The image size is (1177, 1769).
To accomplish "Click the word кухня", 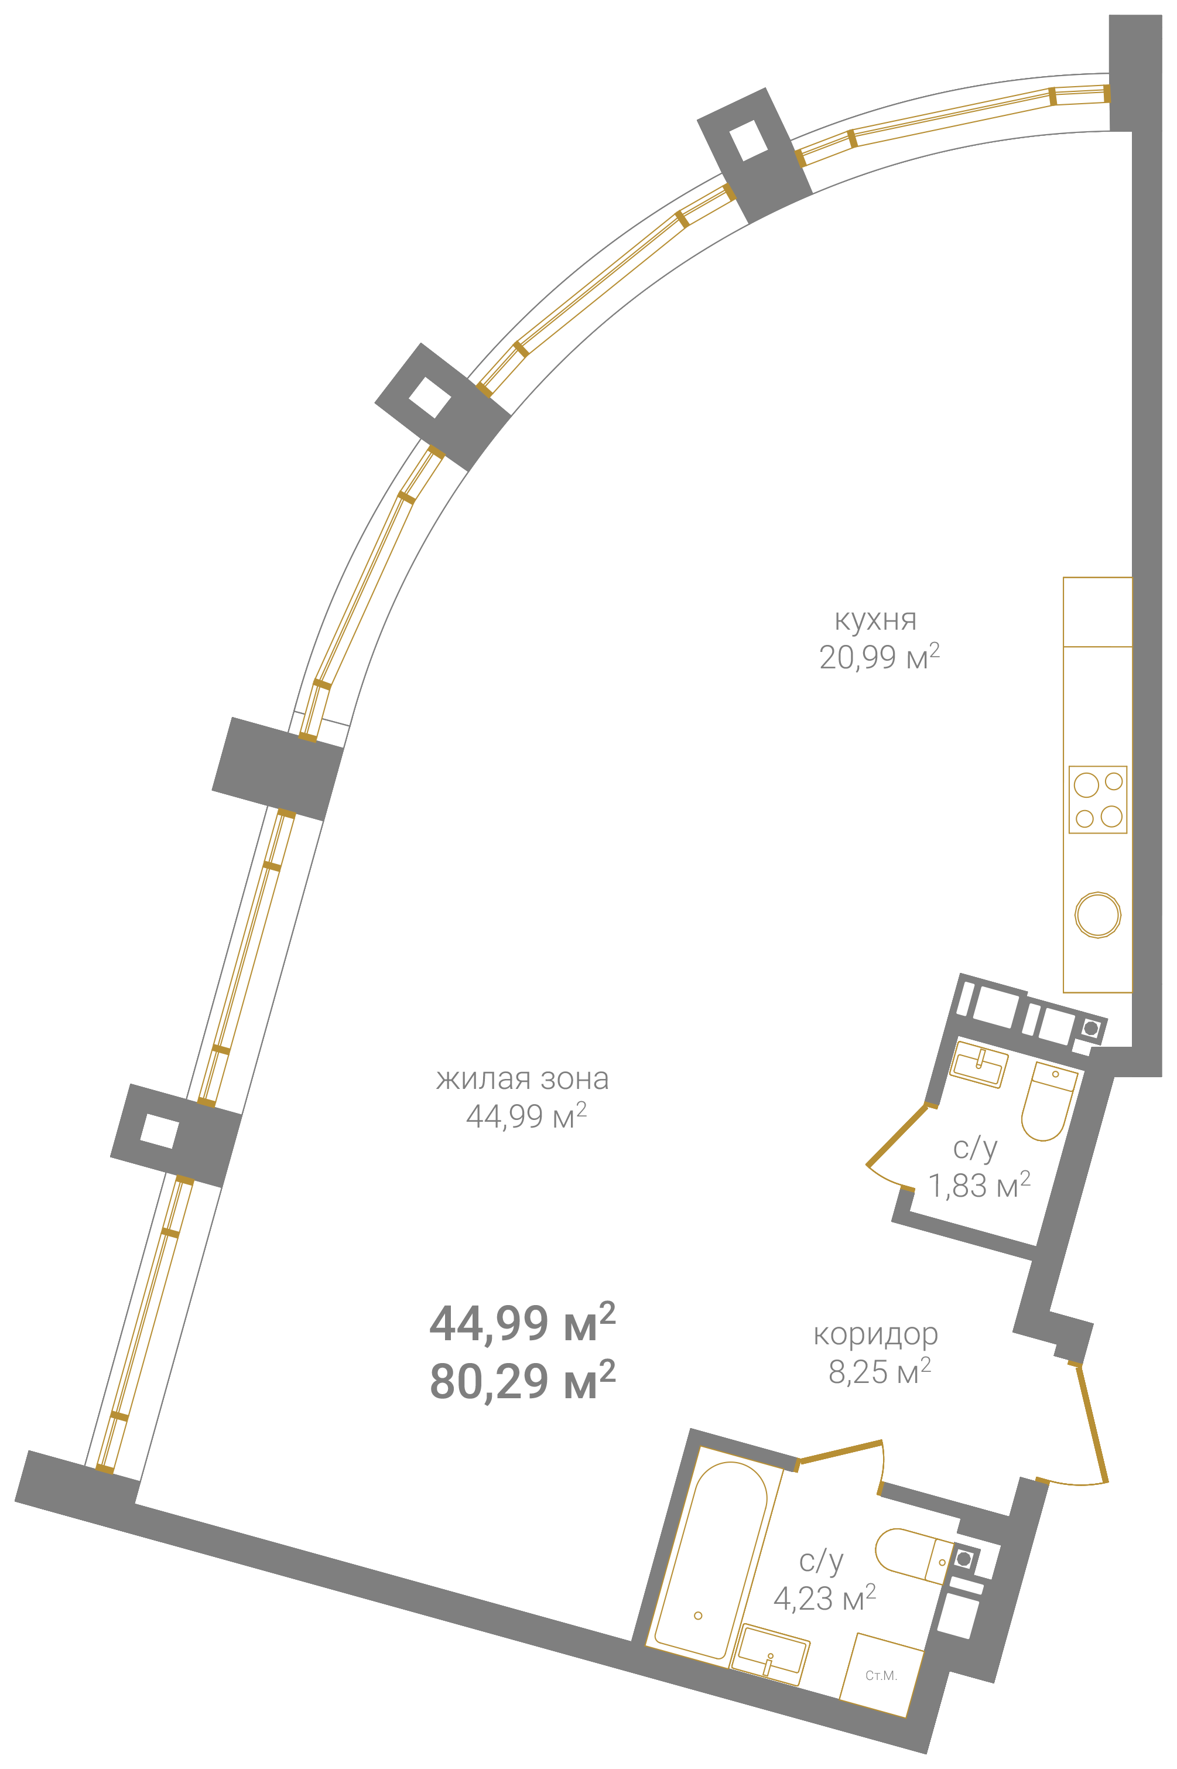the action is [x=875, y=620].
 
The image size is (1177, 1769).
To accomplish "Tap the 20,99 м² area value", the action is [x=879, y=656].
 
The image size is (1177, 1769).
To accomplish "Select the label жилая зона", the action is [x=522, y=1079].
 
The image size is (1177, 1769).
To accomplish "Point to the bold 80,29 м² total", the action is [x=522, y=1381].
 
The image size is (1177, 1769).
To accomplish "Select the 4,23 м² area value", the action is [x=824, y=1598].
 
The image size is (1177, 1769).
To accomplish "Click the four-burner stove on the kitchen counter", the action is [x=1097, y=800].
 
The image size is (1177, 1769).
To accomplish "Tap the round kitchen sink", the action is [x=1097, y=914].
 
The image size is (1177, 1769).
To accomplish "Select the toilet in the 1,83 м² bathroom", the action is [x=1049, y=1101].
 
